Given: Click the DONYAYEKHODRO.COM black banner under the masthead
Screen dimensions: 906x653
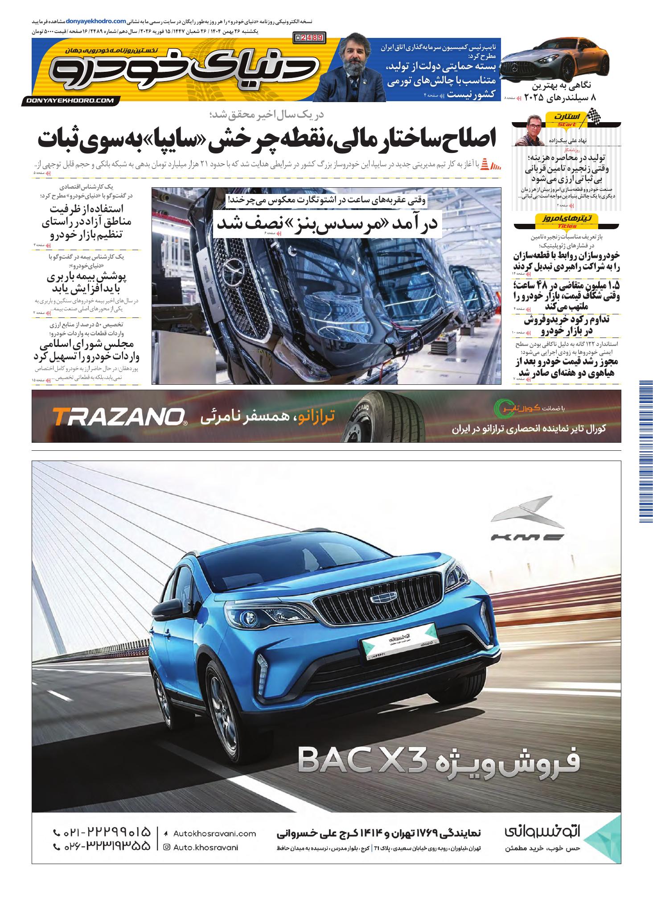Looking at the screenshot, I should pos(70,101).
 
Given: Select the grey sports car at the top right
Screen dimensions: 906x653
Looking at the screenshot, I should pos(555,61).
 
